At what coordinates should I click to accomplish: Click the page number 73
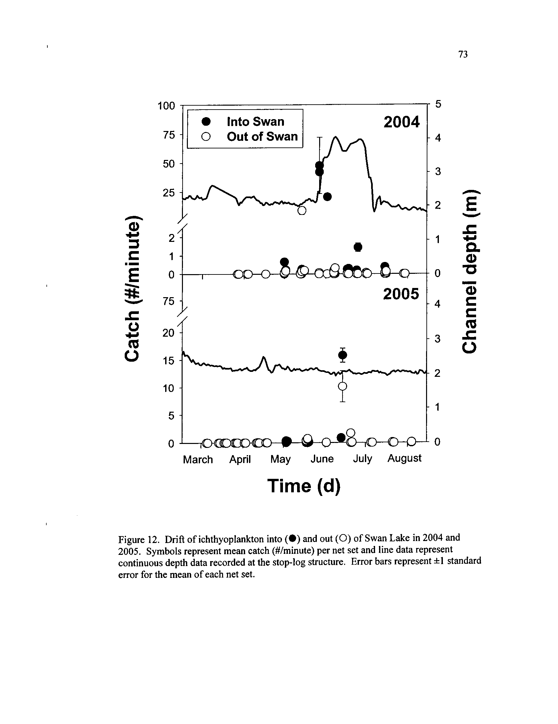click(x=463, y=54)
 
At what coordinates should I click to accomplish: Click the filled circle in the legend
click(x=206, y=122)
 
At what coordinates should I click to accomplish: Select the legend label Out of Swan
click(x=262, y=137)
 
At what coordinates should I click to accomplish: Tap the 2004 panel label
click(x=401, y=122)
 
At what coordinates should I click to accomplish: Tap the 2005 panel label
click(x=401, y=294)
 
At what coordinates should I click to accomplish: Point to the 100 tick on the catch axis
click(x=166, y=106)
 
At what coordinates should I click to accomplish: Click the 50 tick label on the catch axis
click(x=169, y=164)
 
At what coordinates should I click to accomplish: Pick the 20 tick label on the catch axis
click(x=168, y=333)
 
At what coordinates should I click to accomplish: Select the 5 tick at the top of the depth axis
click(x=438, y=104)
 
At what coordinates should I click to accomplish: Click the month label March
click(x=198, y=459)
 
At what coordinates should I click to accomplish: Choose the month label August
click(x=404, y=458)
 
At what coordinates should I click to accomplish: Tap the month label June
click(x=322, y=459)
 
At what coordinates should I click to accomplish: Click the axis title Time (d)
click(x=304, y=486)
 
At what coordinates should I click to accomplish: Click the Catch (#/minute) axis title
click(x=132, y=288)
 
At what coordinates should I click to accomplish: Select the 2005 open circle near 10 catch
click(x=342, y=387)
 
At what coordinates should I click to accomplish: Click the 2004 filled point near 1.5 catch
click(x=358, y=247)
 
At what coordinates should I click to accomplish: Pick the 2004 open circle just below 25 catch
click(x=301, y=211)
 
